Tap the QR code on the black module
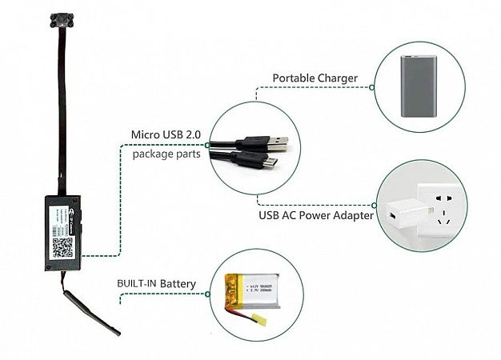pyautogui.click(x=63, y=243)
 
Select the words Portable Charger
pyautogui.click(x=315, y=78)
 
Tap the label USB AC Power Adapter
pyautogui.click(x=316, y=215)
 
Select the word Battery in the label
pyautogui.click(x=178, y=284)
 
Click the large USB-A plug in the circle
pyautogui.click(x=269, y=144)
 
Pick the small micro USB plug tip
pyautogui.click(x=272, y=162)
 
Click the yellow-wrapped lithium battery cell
pyautogui.click(x=254, y=292)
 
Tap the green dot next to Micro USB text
pyautogui.click(x=208, y=145)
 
